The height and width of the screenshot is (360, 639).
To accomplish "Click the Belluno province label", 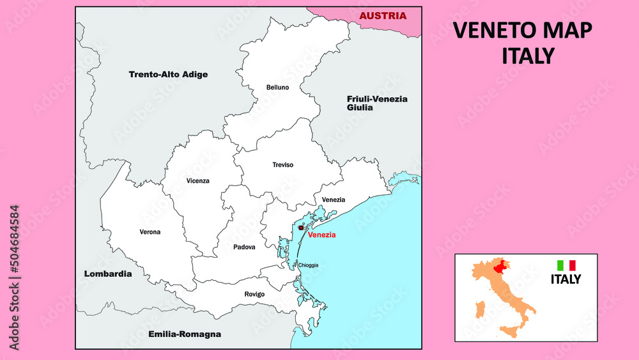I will [x=278, y=87].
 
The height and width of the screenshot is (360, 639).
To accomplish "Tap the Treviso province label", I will [x=282, y=165].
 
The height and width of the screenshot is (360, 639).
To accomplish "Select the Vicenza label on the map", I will [x=197, y=180].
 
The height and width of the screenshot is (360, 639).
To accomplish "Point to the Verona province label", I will [x=150, y=231].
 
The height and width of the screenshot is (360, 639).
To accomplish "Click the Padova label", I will [x=244, y=247].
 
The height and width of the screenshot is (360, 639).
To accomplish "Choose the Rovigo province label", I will [x=254, y=294].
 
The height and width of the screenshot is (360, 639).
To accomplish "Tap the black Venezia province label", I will [x=333, y=200].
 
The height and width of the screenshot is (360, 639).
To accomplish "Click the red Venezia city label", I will [x=321, y=235].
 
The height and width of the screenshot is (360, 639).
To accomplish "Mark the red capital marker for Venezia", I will [x=301, y=227].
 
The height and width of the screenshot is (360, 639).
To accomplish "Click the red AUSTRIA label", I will [x=382, y=16].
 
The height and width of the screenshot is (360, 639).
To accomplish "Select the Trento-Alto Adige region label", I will [x=168, y=74].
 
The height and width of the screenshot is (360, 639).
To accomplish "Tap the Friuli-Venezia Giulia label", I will [x=377, y=103].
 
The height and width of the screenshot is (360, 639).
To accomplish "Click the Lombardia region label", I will [x=108, y=274].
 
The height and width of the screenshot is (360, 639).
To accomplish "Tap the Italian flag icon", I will [x=566, y=265].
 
